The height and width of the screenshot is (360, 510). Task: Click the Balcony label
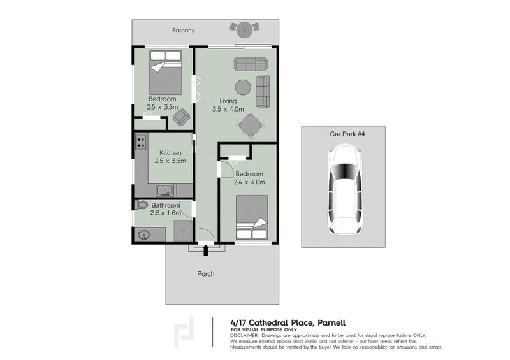point(183,30)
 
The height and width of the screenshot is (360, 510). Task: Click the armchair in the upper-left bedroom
point(181,117)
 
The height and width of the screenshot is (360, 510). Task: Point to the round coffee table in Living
point(243,87)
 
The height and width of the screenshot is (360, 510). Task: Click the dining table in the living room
point(250,126)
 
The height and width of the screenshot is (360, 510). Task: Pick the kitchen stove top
point(140,143)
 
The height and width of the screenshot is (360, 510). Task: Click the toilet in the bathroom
point(142,205)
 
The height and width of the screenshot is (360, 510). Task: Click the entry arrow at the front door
point(205,250)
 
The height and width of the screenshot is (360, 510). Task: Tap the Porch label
point(205,274)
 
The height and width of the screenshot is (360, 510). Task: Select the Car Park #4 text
point(344,134)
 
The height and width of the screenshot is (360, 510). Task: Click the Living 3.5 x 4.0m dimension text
point(228,109)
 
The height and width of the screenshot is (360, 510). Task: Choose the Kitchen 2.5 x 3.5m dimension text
point(170,161)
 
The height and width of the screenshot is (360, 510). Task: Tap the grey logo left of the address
point(186,332)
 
